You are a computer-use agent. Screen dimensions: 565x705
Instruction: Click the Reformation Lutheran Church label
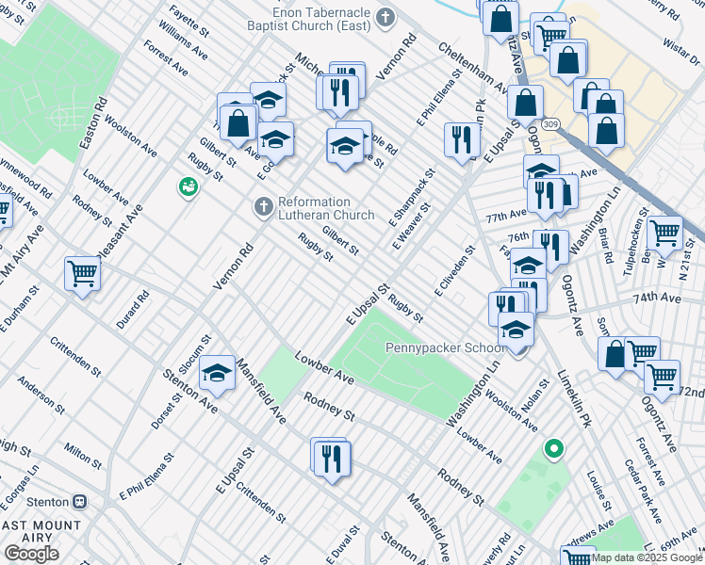314,208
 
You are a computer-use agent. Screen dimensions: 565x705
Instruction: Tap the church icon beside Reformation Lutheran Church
264,205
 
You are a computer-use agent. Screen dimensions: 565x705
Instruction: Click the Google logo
31,554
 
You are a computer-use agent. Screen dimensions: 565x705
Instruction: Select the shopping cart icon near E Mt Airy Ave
82,274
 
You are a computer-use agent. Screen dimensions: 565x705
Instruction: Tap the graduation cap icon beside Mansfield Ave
217,374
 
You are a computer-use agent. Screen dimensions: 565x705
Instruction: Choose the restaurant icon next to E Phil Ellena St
461,139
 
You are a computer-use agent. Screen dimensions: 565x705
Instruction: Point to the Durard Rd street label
141,309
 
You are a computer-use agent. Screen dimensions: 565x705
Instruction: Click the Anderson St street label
41,397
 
